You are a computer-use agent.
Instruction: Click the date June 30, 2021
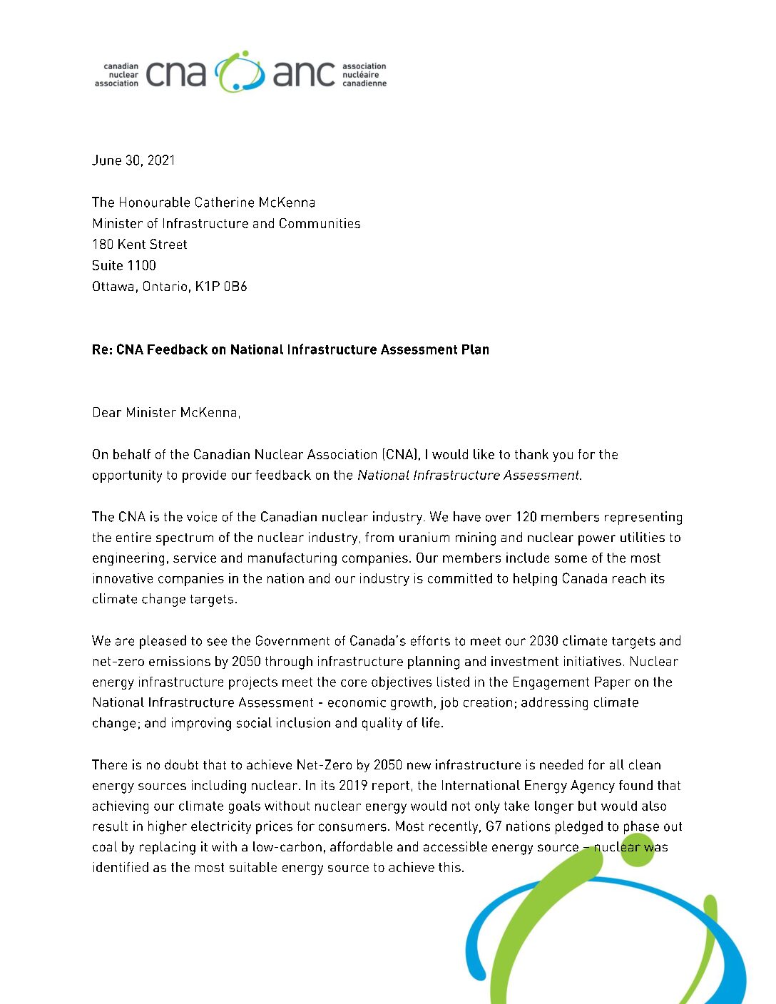tap(133, 160)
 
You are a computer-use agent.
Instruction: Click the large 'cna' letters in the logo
tap(176, 73)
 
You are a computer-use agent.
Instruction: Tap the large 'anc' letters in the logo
tap(304, 73)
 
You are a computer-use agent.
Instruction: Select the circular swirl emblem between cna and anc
tap(240, 72)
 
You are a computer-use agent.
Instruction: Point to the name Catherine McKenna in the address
tap(255, 203)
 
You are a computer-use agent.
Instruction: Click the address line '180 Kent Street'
tap(140, 245)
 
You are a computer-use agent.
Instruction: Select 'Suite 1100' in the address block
tap(124, 265)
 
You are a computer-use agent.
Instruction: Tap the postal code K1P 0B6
tap(221, 287)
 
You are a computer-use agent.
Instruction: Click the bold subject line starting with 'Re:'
tap(290, 349)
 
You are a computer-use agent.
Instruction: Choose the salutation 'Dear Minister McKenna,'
tap(166, 412)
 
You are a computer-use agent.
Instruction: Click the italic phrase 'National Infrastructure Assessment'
tap(469, 476)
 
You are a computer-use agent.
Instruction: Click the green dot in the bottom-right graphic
tap(637, 850)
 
